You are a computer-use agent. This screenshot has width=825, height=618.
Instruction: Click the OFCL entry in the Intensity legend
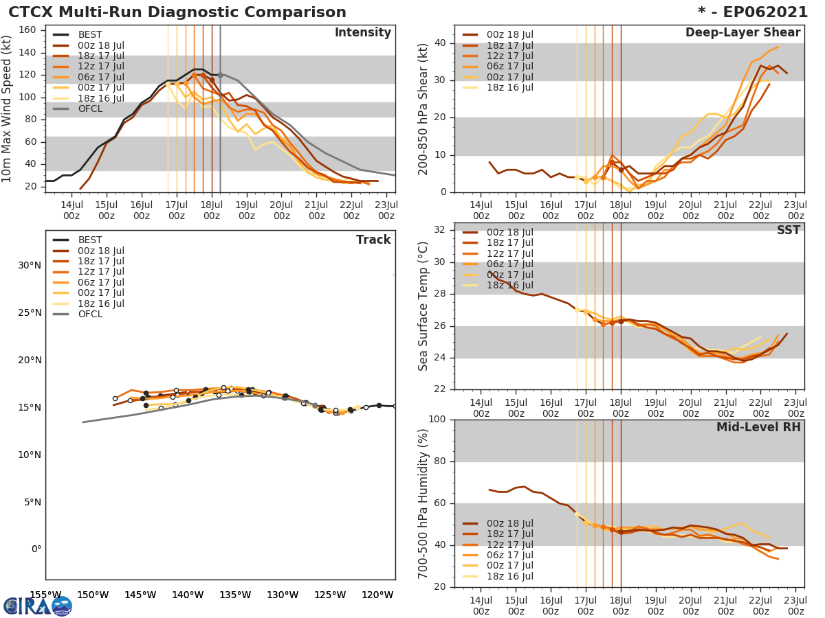(89, 108)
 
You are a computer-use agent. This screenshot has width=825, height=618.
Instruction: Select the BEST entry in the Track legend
(89, 240)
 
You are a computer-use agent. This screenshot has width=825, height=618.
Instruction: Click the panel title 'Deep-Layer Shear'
(742, 33)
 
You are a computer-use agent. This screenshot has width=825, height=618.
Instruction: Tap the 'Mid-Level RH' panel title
(758, 427)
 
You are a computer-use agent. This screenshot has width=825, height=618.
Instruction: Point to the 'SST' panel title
(787, 231)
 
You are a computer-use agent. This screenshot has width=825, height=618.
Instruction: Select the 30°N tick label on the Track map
(30, 265)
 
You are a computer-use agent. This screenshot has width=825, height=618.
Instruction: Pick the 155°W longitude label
(46, 595)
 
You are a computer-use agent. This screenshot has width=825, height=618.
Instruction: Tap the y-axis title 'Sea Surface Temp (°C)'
(423, 306)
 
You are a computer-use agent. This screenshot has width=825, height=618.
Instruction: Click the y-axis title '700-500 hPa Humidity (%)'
(423, 503)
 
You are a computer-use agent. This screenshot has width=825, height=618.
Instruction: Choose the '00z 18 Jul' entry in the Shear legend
(509, 34)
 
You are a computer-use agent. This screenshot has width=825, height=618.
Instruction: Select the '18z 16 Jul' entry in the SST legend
(509, 285)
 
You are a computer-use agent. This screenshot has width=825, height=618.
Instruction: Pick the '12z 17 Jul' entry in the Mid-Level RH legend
(509, 545)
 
